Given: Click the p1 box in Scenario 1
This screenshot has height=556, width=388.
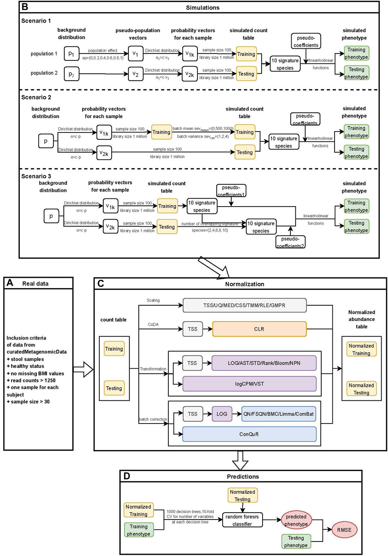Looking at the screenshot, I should (x=72, y=54).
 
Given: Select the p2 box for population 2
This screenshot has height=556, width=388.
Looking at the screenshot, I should (x=72, y=74).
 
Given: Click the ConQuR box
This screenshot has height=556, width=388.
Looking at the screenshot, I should (x=249, y=433).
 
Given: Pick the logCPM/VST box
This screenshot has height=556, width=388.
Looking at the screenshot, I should (x=249, y=383).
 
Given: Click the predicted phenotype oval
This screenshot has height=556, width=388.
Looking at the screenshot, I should (x=296, y=520).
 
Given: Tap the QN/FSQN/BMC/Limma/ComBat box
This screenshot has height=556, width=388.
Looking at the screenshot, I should (x=279, y=414).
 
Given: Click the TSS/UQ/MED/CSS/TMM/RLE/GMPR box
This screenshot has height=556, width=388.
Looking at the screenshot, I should (x=245, y=305).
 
